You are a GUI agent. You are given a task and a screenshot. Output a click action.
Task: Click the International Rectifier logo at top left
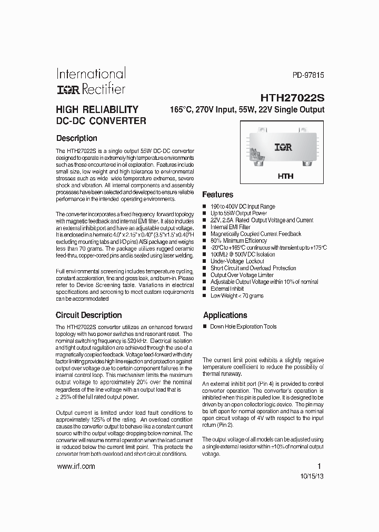point(91,81)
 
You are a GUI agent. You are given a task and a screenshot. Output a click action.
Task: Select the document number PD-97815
point(308,76)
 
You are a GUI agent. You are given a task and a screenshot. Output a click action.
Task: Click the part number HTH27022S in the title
point(292,98)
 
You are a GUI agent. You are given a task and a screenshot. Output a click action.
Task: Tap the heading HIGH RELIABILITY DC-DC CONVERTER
point(101,115)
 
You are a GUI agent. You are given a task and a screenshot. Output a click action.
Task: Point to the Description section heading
point(76,138)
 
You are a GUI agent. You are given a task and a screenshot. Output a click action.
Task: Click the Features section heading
point(217,195)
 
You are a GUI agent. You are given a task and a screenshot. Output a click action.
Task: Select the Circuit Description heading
point(88,315)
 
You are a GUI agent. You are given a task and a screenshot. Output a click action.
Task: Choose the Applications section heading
point(225,315)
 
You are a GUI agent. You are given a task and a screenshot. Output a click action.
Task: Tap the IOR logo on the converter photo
point(283,148)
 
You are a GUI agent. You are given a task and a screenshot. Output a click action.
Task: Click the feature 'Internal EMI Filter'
point(230,227)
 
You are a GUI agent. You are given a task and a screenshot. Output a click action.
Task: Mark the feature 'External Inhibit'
point(227,289)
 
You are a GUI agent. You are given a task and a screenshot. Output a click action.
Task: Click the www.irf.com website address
point(75,466)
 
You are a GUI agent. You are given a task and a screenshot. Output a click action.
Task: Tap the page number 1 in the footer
point(318,466)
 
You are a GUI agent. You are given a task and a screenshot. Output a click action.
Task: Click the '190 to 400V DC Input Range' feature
point(243,207)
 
